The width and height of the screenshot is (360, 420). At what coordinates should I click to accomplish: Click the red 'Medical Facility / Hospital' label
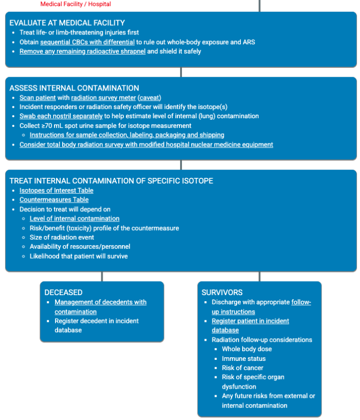[x=76, y=4]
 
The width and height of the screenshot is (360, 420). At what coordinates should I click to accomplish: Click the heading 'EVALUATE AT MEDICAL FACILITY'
[x=67, y=23]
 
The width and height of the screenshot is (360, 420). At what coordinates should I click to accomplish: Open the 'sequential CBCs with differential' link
[x=87, y=42]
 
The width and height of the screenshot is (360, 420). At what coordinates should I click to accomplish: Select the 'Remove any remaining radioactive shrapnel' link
[x=82, y=51]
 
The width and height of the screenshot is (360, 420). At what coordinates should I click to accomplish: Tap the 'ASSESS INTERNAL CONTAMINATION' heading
[x=74, y=88]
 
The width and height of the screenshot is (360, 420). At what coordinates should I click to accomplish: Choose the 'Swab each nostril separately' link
[x=61, y=116]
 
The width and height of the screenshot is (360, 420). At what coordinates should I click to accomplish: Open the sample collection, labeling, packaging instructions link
[x=127, y=135]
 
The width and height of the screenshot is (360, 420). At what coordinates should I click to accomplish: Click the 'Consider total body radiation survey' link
[x=146, y=144]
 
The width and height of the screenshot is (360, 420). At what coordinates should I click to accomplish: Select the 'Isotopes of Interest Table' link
[x=57, y=191]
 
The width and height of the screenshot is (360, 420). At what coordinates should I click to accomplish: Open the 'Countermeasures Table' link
[x=54, y=200]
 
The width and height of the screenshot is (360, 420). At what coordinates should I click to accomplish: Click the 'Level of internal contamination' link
[x=74, y=218]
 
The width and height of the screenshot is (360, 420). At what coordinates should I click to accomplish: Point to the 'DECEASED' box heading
[x=63, y=293]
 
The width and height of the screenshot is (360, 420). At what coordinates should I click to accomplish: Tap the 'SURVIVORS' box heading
[x=222, y=293]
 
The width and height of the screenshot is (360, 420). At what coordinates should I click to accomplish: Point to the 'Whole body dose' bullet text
[x=247, y=349]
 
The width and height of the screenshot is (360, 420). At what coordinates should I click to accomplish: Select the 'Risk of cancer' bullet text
[x=242, y=368]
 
